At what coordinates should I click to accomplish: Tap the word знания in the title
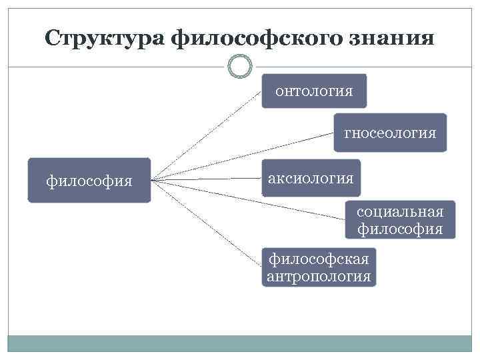394,37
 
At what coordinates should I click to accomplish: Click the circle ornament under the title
239,66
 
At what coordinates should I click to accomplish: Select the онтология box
314,91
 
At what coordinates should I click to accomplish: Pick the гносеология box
390,133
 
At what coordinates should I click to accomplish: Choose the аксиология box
311,178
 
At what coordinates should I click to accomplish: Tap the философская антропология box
319,267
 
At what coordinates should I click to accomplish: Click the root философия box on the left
89,180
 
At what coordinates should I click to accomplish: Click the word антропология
319,276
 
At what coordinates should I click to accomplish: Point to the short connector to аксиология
207,179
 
